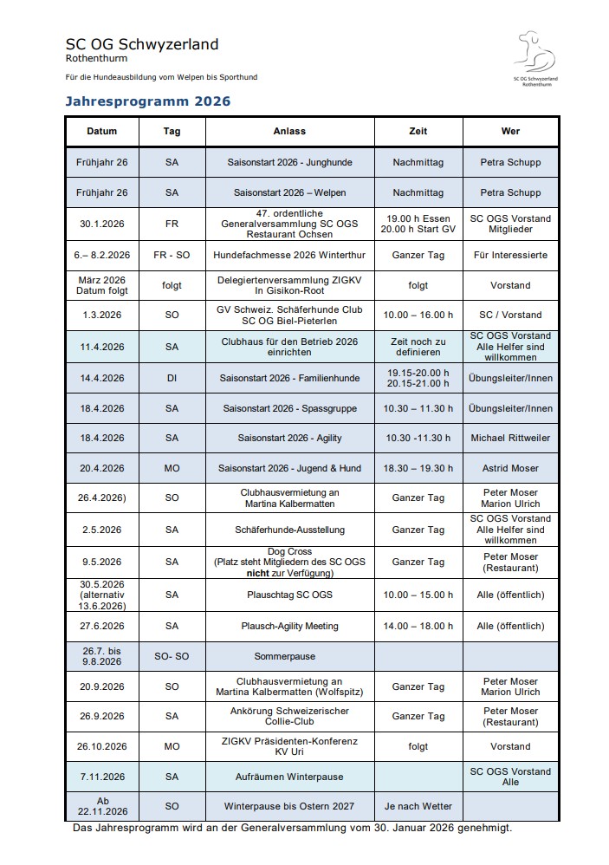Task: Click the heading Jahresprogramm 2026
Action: coord(148,101)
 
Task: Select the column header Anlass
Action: coord(289,131)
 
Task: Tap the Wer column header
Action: coord(510,131)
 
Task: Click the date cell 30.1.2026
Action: coord(101,224)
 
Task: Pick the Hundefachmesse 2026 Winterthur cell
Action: coord(289,255)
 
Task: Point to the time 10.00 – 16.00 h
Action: coord(418,315)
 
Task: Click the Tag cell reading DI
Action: coord(172,378)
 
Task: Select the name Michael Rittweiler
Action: coord(510,438)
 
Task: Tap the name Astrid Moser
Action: coord(510,468)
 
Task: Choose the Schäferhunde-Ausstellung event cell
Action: coord(289,530)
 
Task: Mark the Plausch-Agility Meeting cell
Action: coord(289,626)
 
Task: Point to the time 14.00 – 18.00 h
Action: coord(418,626)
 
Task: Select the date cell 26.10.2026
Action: coord(101,746)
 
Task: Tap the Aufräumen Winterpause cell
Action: coord(289,777)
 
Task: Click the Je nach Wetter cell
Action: coord(418,806)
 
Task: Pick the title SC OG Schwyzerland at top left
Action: coord(141,44)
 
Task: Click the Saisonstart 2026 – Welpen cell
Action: coord(289,192)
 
